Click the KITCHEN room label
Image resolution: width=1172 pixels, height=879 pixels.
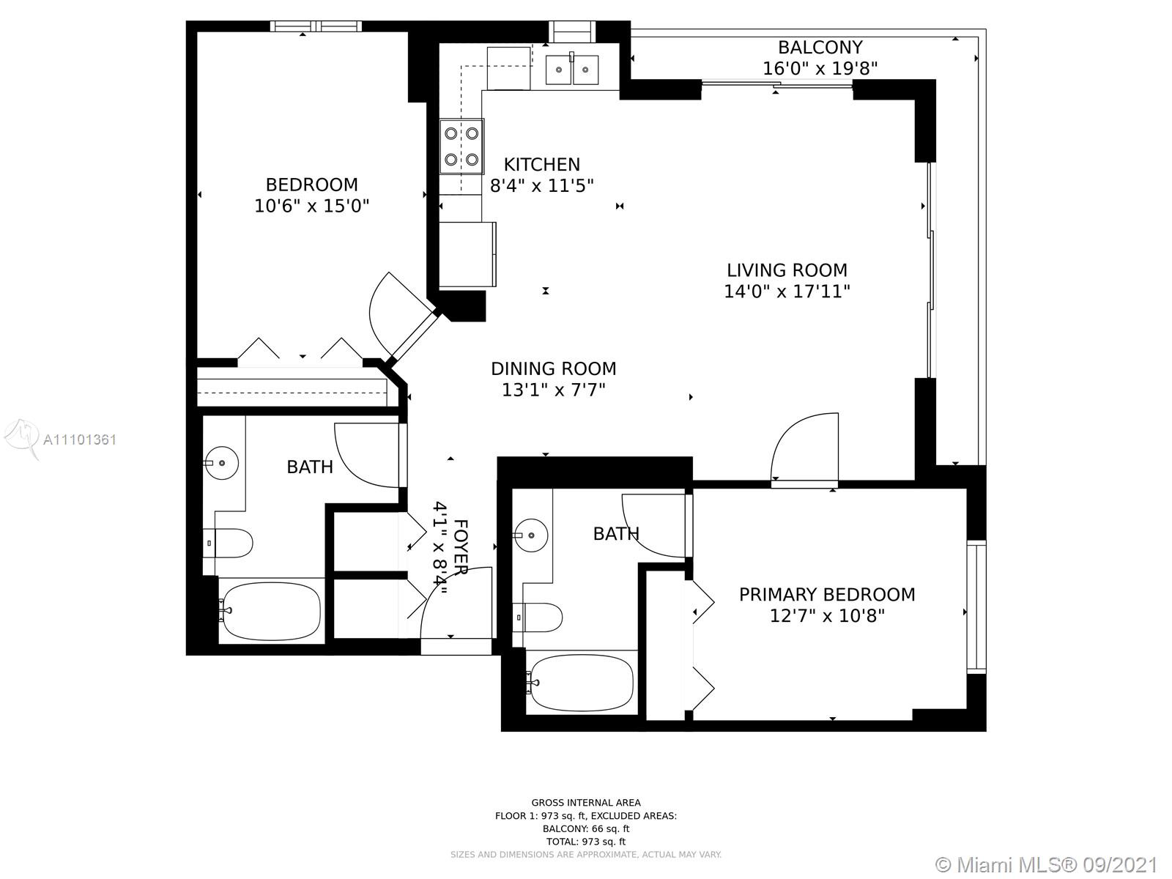tap(541, 164)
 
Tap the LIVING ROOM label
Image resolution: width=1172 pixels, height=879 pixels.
tap(787, 270)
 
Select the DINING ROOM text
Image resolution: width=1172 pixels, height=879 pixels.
tap(554, 368)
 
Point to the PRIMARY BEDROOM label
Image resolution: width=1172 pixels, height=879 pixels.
tap(827, 595)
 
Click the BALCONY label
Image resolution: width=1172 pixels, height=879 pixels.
tap(820, 48)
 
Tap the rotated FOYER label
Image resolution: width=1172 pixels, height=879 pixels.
tap(460, 546)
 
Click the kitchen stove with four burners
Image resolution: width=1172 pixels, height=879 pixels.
tap(462, 146)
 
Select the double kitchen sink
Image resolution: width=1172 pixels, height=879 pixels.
tap(572, 70)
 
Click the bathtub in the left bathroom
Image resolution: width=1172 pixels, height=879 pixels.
tap(271, 611)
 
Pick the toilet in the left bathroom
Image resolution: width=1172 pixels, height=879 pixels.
tap(228, 544)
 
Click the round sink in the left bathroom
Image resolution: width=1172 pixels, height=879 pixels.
tap(221, 463)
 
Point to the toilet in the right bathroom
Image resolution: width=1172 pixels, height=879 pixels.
tap(538, 617)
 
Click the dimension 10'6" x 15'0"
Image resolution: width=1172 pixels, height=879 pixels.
tap(312, 206)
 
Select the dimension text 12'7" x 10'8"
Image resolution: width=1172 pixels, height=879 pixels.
tap(827, 616)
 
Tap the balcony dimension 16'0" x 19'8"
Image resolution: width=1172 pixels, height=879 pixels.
tap(820, 69)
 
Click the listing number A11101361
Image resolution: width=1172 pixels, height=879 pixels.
tap(80, 439)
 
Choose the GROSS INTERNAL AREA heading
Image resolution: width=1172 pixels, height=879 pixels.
tap(586, 803)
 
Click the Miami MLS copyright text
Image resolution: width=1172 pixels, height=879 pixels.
tap(1047, 864)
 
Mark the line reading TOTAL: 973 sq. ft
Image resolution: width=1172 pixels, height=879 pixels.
tap(586, 842)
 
